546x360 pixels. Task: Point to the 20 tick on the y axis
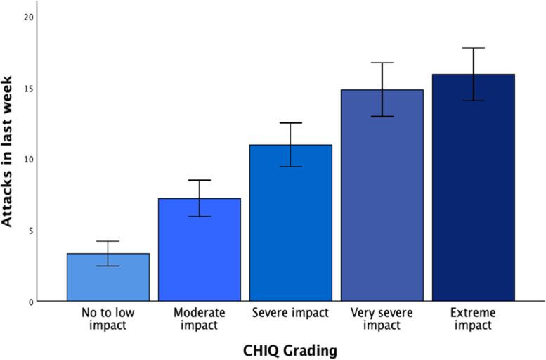27,17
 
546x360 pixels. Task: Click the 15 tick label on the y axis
27,89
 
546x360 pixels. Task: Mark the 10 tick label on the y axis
27,160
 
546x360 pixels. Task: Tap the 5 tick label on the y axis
30,231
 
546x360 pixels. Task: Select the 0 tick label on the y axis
30,302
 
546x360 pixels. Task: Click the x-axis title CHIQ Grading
290,349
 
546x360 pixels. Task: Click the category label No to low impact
108,319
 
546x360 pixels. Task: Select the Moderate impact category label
199,319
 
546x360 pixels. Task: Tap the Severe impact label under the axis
290,313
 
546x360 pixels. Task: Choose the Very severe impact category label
382,319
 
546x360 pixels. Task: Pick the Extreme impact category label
473,319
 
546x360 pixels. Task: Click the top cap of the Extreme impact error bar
473,48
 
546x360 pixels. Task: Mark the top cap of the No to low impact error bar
108,241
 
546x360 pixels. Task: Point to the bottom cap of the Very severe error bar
382,117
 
